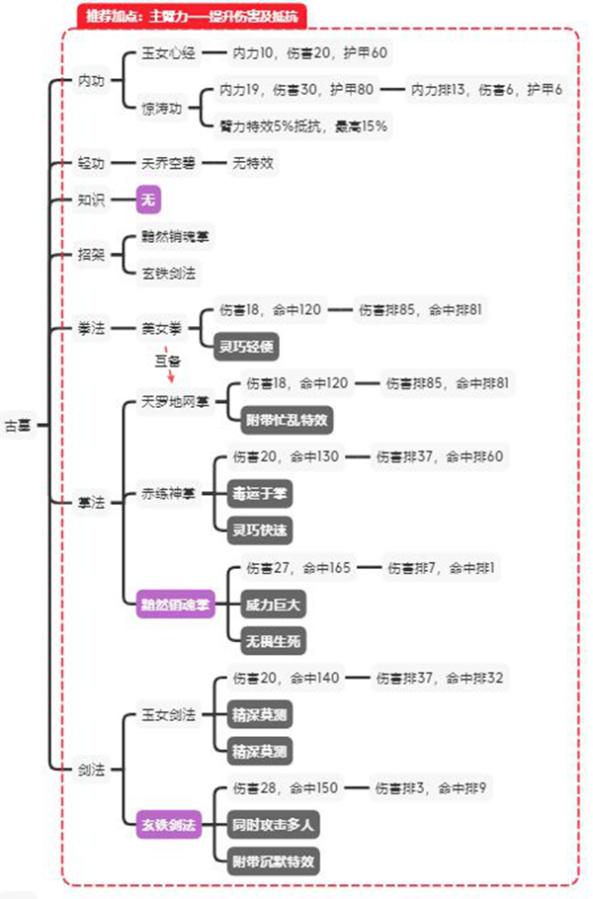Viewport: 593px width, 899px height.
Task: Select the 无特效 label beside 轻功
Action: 253,163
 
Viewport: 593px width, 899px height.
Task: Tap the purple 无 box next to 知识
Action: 149,200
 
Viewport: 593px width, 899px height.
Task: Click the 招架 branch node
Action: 91,254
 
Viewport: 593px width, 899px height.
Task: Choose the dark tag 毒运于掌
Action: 262,492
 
